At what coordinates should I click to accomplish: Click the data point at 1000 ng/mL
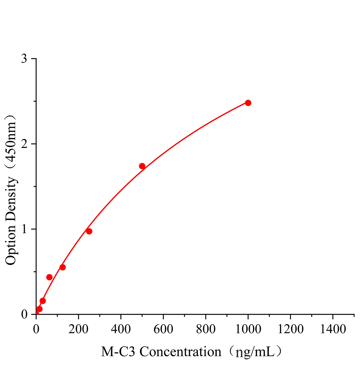(x=248, y=103)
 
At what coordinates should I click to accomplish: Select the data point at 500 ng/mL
(x=142, y=166)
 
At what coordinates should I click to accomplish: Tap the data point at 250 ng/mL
(x=89, y=231)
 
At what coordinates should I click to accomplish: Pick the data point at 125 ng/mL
(x=63, y=268)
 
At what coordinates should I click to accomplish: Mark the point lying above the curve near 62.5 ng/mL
(x=49, y=277)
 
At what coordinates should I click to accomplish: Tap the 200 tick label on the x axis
(x=78, y=329)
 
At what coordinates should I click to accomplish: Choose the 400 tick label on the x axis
(x=121, y=329)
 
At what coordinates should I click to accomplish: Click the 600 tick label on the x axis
(x=163, y=329)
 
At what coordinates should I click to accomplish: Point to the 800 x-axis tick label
(x=205, y=329)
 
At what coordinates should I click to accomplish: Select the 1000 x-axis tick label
(x=248, y=329)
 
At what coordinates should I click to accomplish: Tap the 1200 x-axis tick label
(x=290, y=329)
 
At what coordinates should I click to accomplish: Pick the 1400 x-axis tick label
(x=333, y=329)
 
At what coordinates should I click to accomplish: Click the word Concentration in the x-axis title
(x=180, y=352)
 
